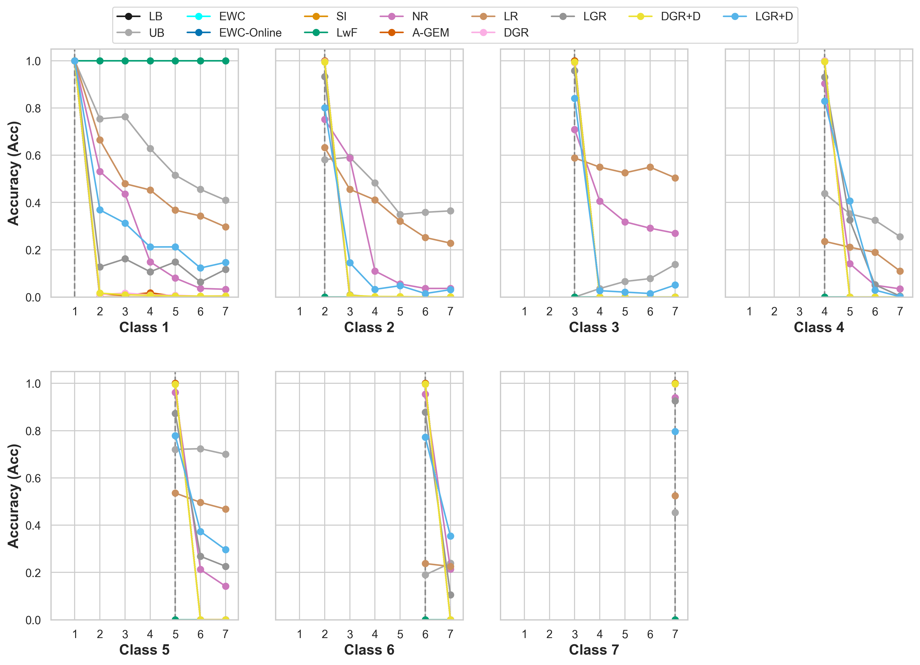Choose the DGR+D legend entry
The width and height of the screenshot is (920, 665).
coord(680,16)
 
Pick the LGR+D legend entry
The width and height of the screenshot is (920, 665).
coord(773,16)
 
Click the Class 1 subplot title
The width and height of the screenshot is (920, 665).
coord(144,327)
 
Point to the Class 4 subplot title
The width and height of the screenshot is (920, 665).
coord(819,327)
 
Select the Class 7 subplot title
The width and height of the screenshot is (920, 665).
coord(594,650)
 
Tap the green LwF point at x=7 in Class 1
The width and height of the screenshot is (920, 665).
coord(226,61)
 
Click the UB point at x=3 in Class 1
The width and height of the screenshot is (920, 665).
coord(125,117)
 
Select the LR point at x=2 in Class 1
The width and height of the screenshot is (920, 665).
coord(100,140)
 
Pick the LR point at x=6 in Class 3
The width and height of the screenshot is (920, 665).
coord(650,167)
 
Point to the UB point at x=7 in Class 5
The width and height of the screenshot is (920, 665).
coord(226,454)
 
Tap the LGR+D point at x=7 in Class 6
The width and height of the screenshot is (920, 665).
coord(450,536)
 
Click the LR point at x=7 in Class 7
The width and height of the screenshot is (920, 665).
coord(675,496)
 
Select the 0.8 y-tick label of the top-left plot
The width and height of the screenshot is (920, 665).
coord(33,108)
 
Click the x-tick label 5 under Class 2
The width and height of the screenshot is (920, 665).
coord(400,312)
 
